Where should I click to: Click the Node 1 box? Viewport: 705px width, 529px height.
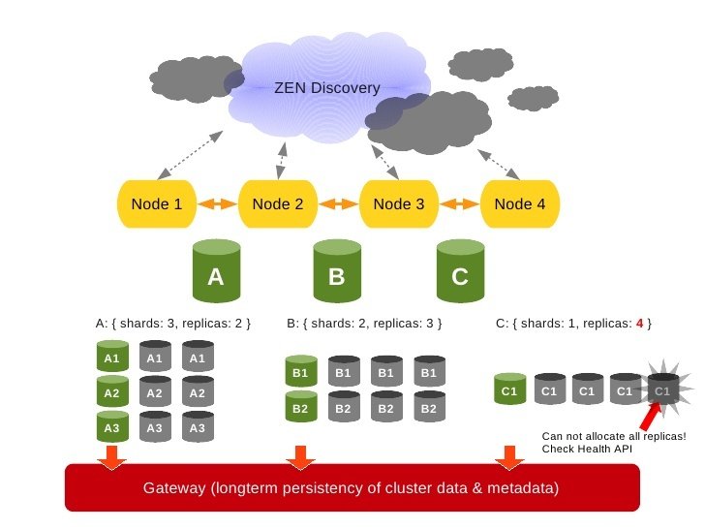(156, 204)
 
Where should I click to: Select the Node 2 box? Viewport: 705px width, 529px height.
(277, 204)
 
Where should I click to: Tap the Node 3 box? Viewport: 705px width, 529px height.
(398, 204)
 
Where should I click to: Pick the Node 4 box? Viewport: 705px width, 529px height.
(519, 204)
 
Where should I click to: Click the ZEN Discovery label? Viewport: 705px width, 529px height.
(327, 88)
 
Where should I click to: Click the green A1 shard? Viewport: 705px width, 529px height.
(111, 358)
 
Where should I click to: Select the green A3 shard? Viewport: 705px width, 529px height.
(111, 426)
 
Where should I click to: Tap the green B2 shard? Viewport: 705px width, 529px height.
(299, 408)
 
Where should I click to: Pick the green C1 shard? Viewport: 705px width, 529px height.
(509, 390)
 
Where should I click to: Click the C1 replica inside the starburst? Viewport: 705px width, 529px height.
(662, 390)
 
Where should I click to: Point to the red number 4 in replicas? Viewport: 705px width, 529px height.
(639, 323)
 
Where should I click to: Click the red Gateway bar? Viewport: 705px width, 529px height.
(352, 487)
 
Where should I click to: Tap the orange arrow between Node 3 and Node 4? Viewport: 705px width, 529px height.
(459, 204)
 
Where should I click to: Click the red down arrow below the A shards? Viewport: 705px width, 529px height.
(111, 455)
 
